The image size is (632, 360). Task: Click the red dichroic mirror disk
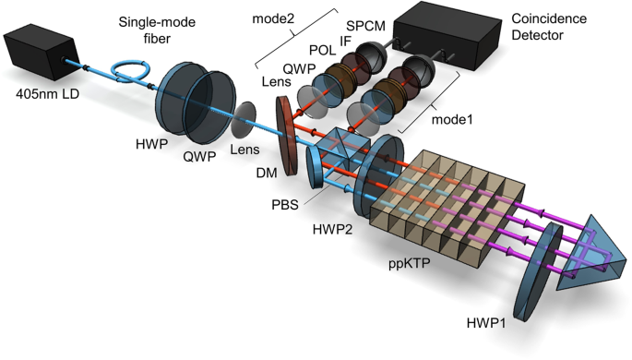(x=288, y=132)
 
